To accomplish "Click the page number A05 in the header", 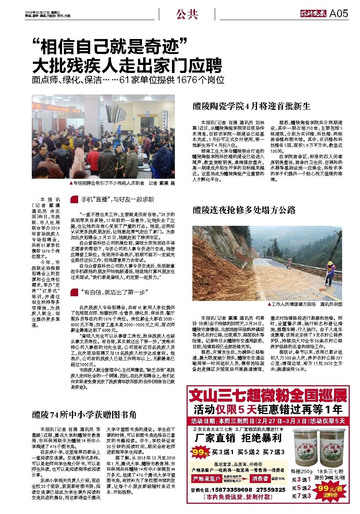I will (339, 14).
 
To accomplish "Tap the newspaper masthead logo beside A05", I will (311, 14).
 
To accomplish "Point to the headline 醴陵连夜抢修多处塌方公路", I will (244, 210).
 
